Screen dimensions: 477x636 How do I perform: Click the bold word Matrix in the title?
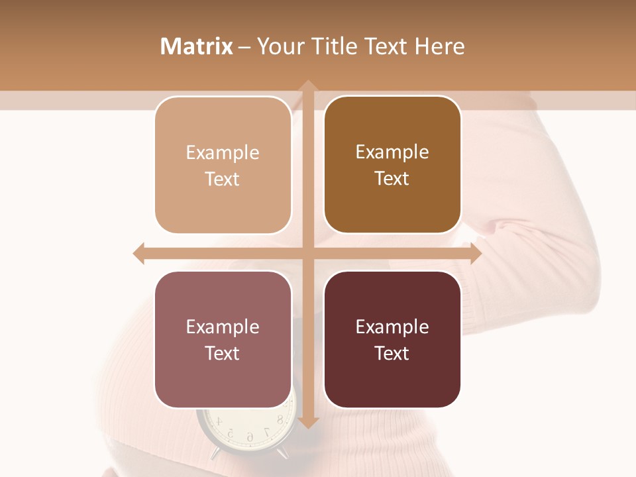[196, 46]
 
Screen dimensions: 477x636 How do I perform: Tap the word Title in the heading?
[338, 46]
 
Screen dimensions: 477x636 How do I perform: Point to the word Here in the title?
[439, 46]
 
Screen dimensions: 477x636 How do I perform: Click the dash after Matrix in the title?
[244, 47]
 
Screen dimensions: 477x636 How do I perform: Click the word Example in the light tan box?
[223, 153]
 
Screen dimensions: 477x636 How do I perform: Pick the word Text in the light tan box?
[223, 179]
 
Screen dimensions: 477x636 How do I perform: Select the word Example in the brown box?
[392, 152]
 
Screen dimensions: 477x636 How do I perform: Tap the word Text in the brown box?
[392, 178]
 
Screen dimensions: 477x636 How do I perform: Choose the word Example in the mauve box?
[223, 327]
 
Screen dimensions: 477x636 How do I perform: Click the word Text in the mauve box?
[223, 353]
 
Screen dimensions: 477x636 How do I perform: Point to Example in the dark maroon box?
[392, 327]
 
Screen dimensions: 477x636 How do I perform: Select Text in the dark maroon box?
[392, 353]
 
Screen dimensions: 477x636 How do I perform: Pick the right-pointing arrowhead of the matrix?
[475, 253]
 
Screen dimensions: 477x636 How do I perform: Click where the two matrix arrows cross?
[307, 253]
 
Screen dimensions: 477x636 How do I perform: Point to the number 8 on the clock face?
[280, 419]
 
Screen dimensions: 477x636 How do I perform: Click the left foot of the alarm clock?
[217, 454]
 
